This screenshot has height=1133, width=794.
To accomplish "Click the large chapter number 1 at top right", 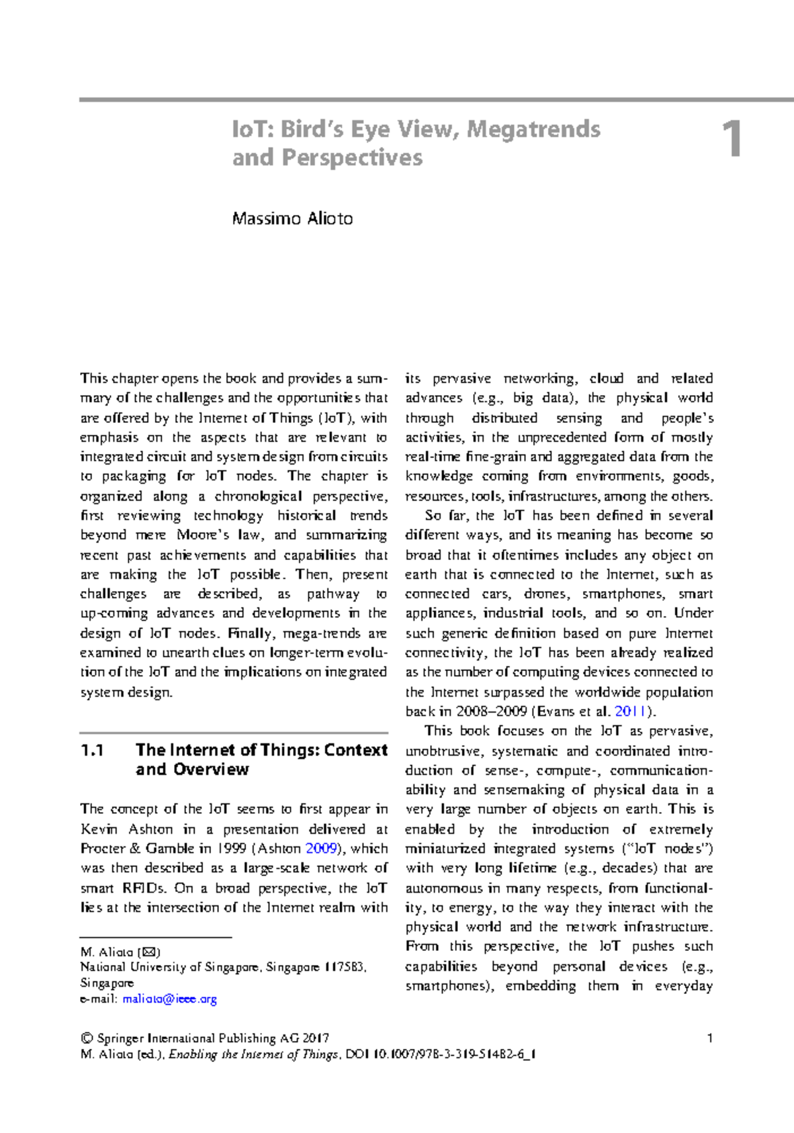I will click(731, 140).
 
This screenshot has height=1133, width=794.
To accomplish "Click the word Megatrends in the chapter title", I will click(533, 129).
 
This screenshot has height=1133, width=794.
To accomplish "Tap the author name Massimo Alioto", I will click(292, 218).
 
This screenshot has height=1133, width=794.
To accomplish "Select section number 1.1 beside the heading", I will click(93, 750).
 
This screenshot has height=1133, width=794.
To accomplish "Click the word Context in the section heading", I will click(356, 750).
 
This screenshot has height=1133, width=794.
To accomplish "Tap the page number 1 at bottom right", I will click(710, 1038).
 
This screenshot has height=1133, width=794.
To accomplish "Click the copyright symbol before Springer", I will click(85, 1038).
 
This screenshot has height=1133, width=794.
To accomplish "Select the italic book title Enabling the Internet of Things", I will click(254, 1054).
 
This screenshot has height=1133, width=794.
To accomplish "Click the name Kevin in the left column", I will click(99, 829).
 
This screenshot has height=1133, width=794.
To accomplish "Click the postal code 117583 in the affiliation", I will click(343, 967).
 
